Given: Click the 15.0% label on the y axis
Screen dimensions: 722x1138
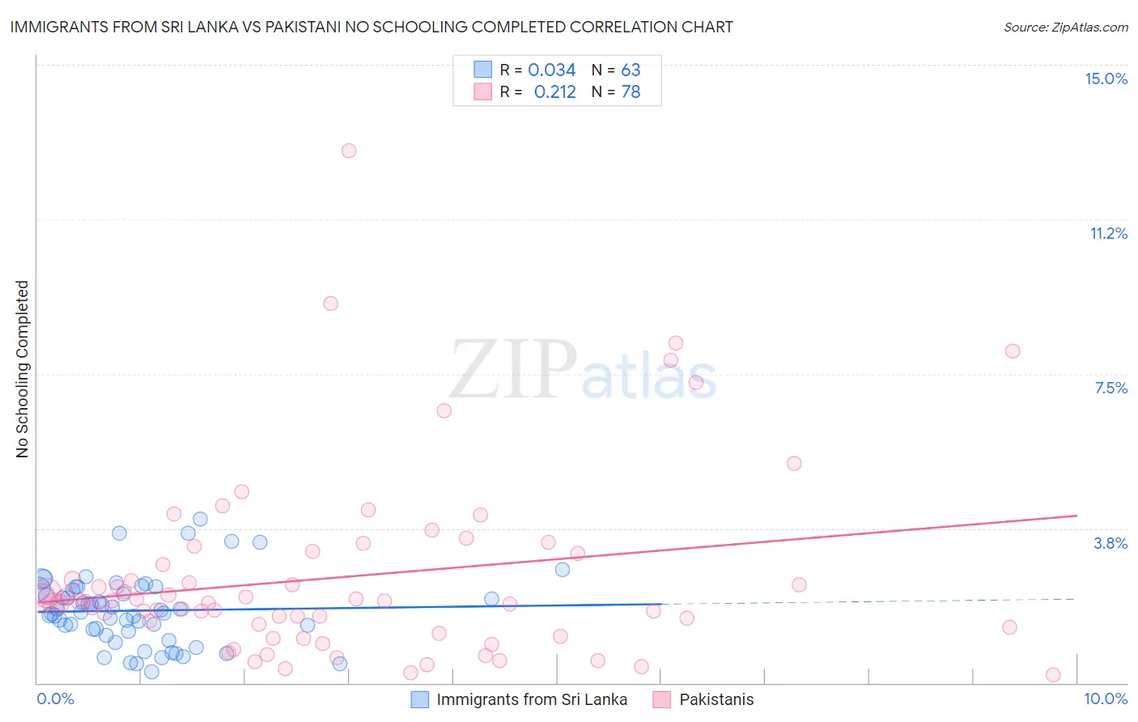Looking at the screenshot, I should pyautogui.click(x=1106, y=79).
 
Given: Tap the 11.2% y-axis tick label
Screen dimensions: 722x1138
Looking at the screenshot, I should pyautogui.click(x=1108, y=233).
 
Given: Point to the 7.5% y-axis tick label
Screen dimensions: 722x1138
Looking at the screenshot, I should pyautogui.click(x=1110, y=388).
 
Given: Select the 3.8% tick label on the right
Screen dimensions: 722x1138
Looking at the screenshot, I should pyautogui.click(x=1110, y=543).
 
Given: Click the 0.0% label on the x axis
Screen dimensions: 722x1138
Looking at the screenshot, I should pyautogui.click(x=55, y=699).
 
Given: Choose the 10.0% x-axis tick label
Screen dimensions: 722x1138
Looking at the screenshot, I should pyautogui.click(x=1105, y=699).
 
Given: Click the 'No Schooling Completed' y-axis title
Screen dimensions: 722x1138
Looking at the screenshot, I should pyautogui.click(x=22, y=369).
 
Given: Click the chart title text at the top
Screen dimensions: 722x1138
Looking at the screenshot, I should pyautogui.click(x=372, y=27).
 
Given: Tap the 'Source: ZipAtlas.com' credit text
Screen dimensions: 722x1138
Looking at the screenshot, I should pyautogui.click(x=1065, y=27).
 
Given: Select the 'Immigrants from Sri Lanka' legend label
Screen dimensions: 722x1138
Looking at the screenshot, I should pyautogui.click(x=532, y=699).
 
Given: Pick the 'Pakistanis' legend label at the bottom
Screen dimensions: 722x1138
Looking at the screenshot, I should pyautogui.click(x=716, y=699).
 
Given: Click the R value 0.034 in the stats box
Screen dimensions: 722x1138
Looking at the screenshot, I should pyautogui.click(x=551, y=70).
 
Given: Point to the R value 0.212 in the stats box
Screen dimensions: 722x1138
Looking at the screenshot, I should pyautogui.click(x=554, y=92).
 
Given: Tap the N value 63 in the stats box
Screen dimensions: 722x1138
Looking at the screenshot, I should pyautogui.click(x=631, y=70).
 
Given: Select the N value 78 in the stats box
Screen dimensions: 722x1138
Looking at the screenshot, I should pyautogui.click(x=631, y=92).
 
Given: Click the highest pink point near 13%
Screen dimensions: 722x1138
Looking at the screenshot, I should pyautogui.click(x=349, y=151).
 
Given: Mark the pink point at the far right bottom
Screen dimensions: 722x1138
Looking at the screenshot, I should pyautogui.click(x=1053, y=675).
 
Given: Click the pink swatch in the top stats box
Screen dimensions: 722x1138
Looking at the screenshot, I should pyautogui.click(x=482, y=91).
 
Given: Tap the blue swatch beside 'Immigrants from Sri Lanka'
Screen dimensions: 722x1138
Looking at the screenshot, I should pyautogui.click(x=419, y=699).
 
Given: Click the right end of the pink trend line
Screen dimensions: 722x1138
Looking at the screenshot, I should pyautogui.click(x=1076, y=516).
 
